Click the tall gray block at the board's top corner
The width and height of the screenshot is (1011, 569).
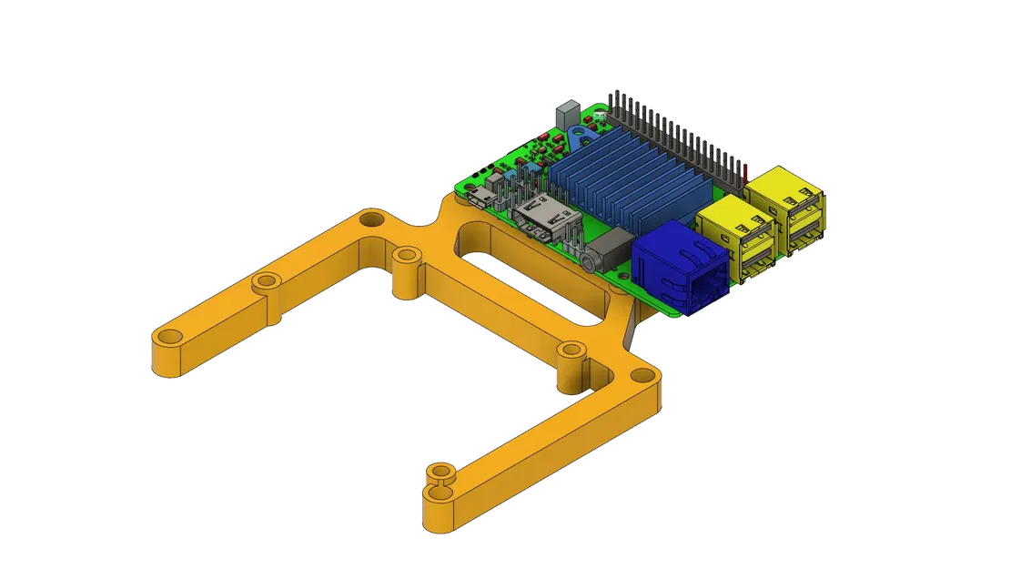565,114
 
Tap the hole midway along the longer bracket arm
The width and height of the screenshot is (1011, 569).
265,281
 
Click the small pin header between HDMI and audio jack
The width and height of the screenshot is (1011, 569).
574,239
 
